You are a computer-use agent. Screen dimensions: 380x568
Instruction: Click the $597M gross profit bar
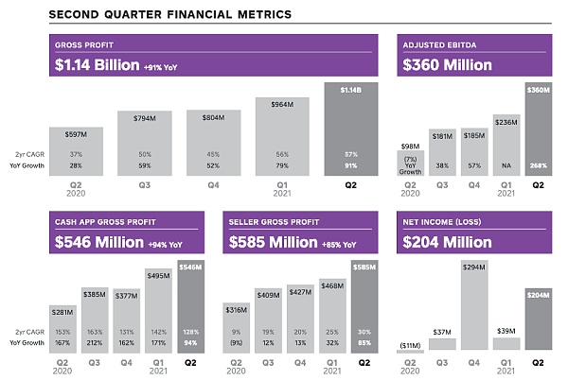(x=76, y=149)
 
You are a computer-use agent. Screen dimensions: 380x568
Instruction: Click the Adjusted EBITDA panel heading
(x=438, y=44)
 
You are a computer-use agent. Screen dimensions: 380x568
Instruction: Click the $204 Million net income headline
(x=448, y=242)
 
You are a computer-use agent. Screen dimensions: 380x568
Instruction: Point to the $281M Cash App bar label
(x=62, y=311)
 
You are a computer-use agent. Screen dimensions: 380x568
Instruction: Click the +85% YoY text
(x=338, y=244)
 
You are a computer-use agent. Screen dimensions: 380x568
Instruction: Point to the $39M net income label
(x=507, y=331)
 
